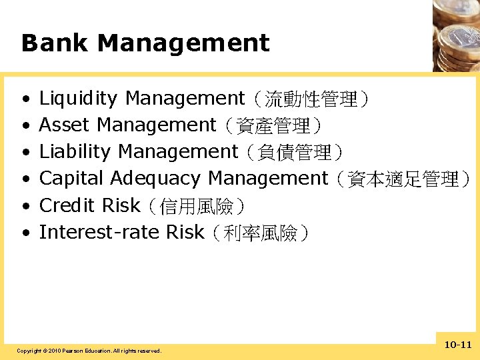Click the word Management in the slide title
(x=183, y=43)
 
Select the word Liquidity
(x=78, y=99)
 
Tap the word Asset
(x=65, y=125)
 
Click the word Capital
(x=71, y=179)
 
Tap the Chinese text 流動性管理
(x=311, y=100)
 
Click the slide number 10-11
(x=457, y=345)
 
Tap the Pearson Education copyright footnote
(x=89, y=351)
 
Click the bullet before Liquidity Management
(x=25, y=99)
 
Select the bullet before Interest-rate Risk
(x=25, y=233)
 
